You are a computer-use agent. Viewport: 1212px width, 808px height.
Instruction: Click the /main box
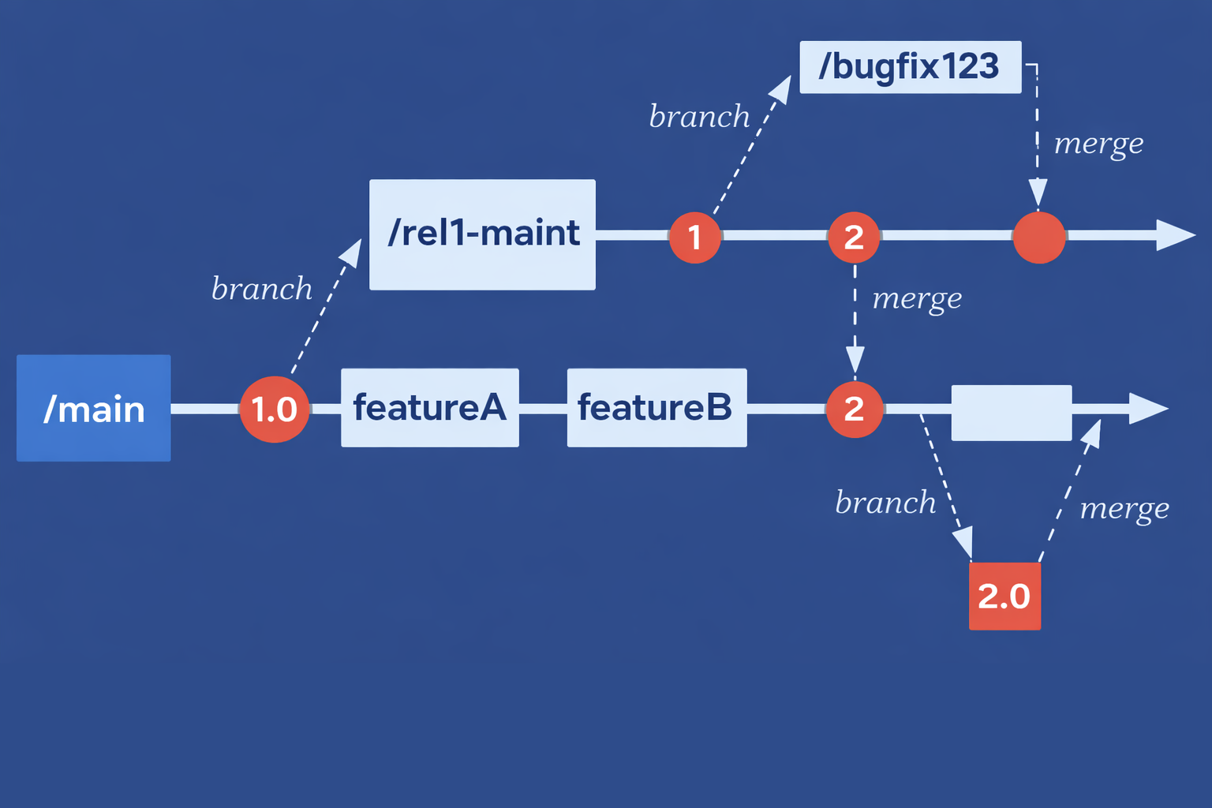tap(93, 408)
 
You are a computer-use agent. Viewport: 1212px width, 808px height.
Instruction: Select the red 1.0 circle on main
tap(274, 409)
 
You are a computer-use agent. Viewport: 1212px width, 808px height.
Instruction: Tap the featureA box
tap(429, 407)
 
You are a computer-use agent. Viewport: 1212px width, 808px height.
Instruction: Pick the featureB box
tap(656, 407)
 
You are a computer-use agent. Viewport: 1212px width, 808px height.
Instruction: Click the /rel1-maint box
tap(482, 234)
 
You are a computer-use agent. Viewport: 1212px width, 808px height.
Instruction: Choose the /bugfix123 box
tap(910, 67)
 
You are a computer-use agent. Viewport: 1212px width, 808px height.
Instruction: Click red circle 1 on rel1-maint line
tap(694, 237)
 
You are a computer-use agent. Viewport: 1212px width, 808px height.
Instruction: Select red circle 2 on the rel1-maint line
tap(854, 237)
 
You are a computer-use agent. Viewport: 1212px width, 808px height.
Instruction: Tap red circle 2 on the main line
tap(854, 409)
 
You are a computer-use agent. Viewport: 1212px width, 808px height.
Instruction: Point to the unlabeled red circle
tap(1038, 237)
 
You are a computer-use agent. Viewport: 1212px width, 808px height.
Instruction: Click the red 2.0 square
tap(1004, 596)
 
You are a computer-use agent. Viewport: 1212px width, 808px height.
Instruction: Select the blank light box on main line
tap(1011, 413)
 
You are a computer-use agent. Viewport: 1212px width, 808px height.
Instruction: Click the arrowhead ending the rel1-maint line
tap(1175, 235)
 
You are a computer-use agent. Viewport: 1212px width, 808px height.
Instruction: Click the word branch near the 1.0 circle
tap(262, 289)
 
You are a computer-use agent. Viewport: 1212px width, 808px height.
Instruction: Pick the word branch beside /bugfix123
tap(699, 117)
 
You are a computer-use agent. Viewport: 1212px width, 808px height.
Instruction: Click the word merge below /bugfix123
tap(1098, 144)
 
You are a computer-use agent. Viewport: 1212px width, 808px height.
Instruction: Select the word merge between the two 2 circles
tap(917, 299)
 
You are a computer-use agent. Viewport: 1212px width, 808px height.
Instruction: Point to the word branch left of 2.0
tap(885, 503)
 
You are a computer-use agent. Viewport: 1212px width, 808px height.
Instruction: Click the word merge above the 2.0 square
tap(1124, 509)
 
